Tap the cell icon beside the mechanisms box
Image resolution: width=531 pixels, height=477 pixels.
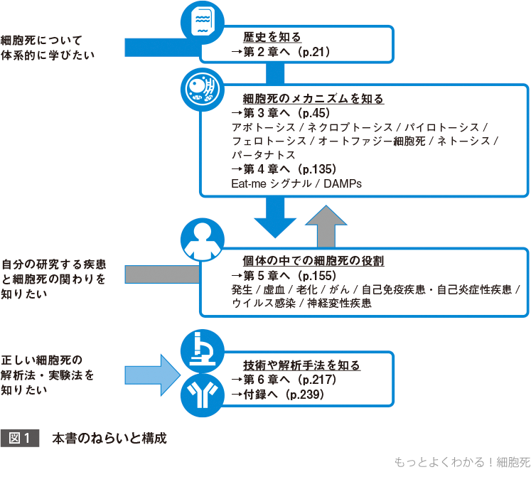tap(203, 89)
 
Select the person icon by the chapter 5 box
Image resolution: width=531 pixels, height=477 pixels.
tap(203, 240)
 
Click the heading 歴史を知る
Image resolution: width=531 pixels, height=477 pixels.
tap(272, 38)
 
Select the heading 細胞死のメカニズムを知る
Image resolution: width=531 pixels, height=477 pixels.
tap(313, 99)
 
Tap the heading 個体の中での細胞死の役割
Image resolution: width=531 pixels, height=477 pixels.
tap(313, 261)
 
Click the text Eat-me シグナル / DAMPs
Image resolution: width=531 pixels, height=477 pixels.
tap(296, 183)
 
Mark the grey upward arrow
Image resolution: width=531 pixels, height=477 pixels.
tap(325, 225)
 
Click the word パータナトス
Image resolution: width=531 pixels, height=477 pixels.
tap(262, 155)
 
